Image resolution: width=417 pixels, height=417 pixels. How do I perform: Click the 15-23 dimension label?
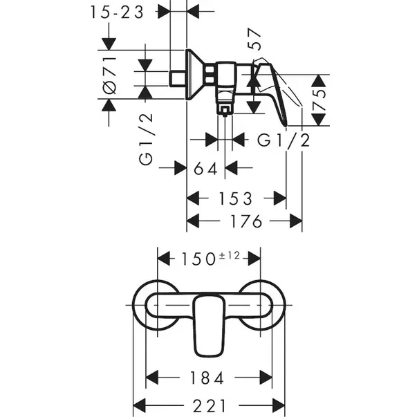[x=118, y=12]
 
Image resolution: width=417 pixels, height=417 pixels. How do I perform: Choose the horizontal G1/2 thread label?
[x=284, y=140]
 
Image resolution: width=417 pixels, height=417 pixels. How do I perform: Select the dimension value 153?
[x=236, y=198]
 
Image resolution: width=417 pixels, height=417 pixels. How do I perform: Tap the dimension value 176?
[x=244, y=221]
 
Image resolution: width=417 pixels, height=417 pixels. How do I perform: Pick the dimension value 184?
[x=207, y=378]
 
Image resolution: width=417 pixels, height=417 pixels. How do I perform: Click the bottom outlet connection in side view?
[x=224, y=108]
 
